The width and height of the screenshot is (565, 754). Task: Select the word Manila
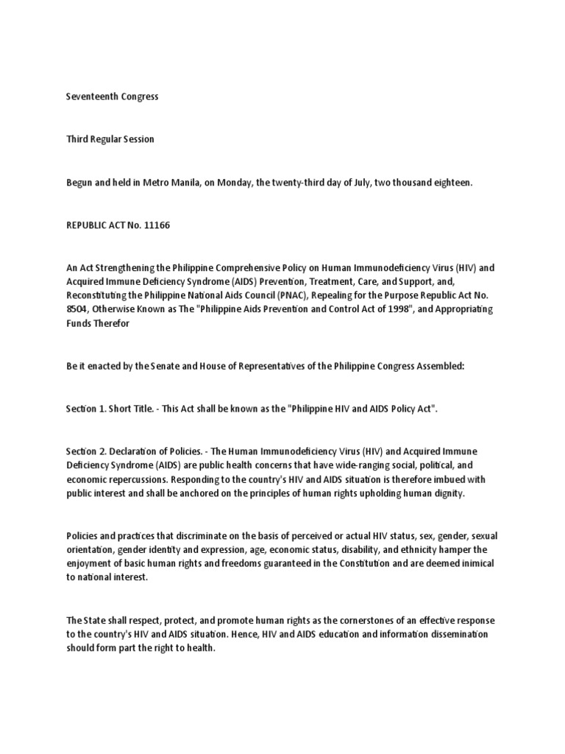pyautogui.click(x=195, y=182)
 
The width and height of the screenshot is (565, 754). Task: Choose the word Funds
pyautogui.click(x=78, y=323)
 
